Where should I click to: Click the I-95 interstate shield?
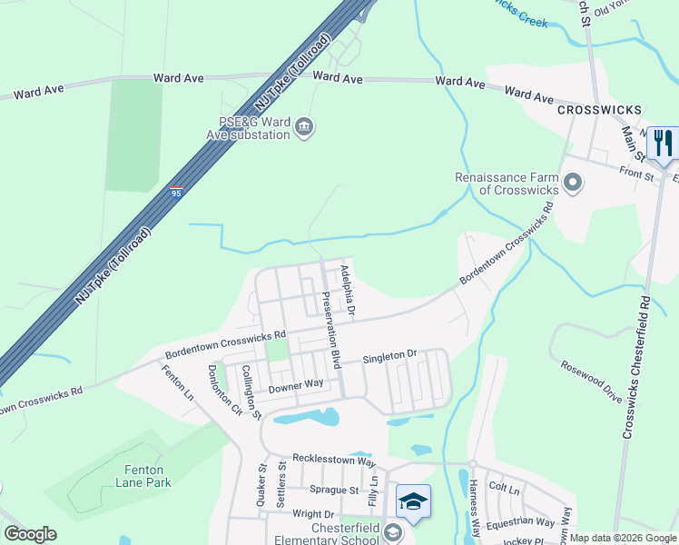[175, 193]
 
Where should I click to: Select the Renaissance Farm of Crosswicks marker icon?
[572, 183]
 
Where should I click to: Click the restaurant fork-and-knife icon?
[663, 143]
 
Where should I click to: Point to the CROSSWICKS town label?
[600, 110]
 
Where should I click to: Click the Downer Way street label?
[296, 385]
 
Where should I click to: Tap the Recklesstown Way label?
[333, 461]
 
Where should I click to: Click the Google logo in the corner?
[30, 534]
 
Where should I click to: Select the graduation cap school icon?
[413, 500]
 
